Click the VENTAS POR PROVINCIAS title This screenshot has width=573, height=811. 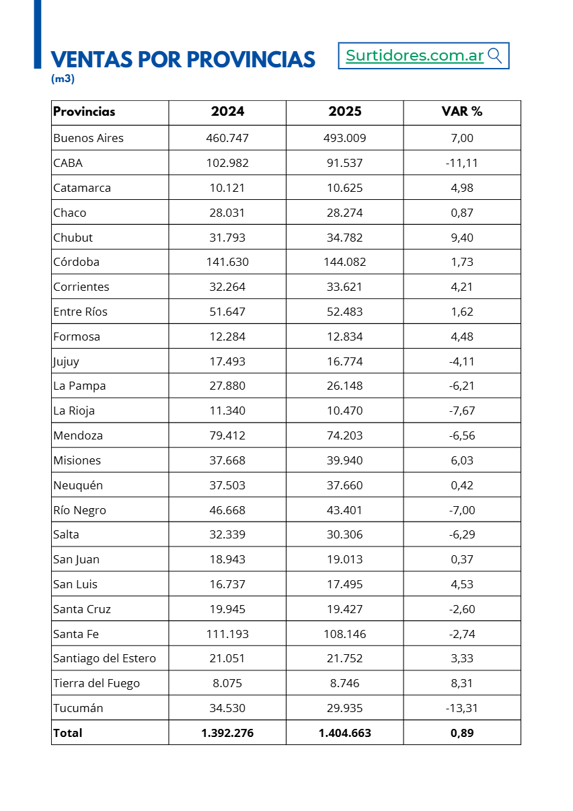pos(183,59)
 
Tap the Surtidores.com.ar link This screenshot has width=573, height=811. pos(415,56)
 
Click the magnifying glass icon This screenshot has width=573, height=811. pos(495,56)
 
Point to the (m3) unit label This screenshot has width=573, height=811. pos(63,79)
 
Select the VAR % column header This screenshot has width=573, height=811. pos(462,112)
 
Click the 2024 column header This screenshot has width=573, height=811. pos(227,112)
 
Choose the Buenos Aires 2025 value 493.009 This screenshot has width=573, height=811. pos(344,138)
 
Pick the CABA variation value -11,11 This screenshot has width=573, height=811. pos(462,163)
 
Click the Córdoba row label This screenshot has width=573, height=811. pos(77,262)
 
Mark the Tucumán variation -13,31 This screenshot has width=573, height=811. pos(462,708)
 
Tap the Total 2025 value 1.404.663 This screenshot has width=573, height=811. pos(344,733)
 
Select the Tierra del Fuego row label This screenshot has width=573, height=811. pos(97,683)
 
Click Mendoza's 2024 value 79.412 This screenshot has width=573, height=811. pos(227,435)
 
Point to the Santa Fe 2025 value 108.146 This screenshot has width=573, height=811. pos(344,634)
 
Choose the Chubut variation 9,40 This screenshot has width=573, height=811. pos(462,238)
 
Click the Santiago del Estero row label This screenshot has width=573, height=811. pos(104,658)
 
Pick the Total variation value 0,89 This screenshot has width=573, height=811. pos(462,733)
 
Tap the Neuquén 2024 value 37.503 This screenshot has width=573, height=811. pos(227,485)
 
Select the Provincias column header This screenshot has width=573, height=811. pos(84,112)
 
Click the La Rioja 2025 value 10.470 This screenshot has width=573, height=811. pos(344,411)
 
